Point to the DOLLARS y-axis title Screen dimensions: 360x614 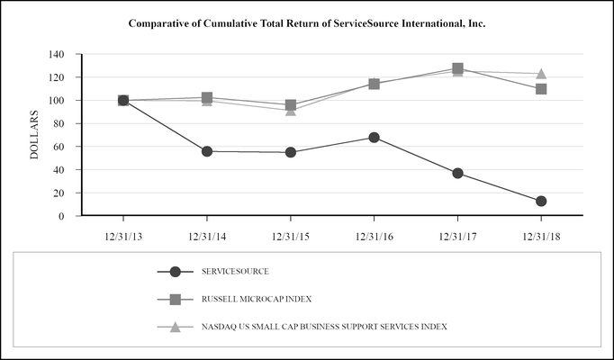pos(34,135)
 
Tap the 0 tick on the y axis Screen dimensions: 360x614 pos(61,216)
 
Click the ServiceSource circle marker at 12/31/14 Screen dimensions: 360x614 pos(207,151)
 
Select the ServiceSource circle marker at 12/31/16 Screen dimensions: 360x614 pos(374,138)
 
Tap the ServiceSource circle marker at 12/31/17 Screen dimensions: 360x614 pos(457,173)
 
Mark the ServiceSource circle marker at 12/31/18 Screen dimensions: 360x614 pos(541,201)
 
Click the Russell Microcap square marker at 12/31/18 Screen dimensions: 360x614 pos(541,89)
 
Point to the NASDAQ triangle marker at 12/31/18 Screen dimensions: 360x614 pos(541,74)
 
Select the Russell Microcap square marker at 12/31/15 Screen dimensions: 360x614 pos(290,105)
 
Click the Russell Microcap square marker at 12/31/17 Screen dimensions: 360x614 pos(457,68)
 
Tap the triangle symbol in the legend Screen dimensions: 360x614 pos(176,325)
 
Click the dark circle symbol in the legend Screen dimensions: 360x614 pos(176,271)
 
